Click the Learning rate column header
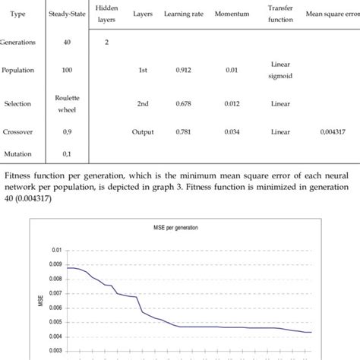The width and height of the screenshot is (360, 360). [x=182, y=14]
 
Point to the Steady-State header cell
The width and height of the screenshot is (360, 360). [x=68, y=14]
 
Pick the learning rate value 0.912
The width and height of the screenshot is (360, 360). [x=182, y=74]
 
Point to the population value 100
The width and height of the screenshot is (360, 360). [x=68, y=74]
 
